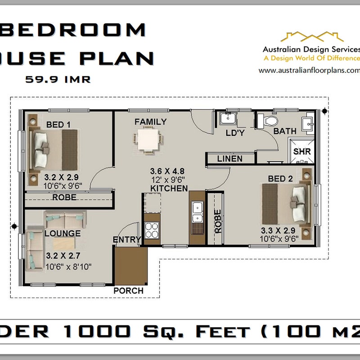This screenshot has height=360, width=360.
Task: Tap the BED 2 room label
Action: click(x=280, y=179)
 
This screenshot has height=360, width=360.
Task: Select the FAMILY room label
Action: click(x=150, y=121)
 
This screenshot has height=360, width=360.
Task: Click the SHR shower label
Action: click(x=302, y=151)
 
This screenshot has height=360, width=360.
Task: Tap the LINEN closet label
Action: click(x=229, y=158)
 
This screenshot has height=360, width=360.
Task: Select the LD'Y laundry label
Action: click(x=235, y=133)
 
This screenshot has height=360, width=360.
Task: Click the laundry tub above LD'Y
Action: click(x=226, y=119)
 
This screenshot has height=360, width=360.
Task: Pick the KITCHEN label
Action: click(x=169, y=188)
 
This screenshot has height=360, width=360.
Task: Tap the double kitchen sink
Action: click(x=198, y=213)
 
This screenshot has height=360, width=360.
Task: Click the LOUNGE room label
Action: click(x=63, y=233)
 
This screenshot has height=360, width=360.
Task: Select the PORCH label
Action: click(x=128, y=291)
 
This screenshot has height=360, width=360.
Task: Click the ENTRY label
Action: click(x=126, y=240)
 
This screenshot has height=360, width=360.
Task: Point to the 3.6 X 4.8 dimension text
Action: click(x=167, y=171)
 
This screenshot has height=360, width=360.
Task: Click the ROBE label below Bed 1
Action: click(x=64, y=198)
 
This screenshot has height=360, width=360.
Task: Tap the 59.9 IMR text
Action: click(x=58, y=80)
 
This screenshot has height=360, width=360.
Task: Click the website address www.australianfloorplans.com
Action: click(x=310, y=70)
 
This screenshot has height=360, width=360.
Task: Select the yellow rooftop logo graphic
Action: click(x=312, y=37)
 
